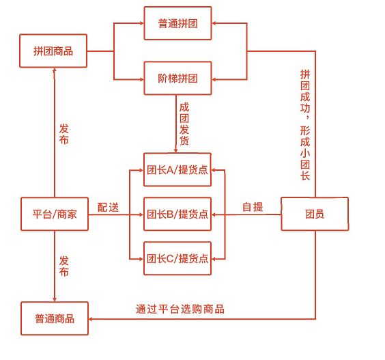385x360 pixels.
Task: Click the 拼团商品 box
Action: pos(53,51)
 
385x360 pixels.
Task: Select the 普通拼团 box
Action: pos(177,23)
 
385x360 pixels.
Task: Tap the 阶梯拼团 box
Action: pos(177,78)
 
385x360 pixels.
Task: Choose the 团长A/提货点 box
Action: pos(177,169)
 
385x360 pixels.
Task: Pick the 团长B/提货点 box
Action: pos(177,214)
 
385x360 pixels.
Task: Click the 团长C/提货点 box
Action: pos(177,258)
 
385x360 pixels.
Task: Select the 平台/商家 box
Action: pos(55,214)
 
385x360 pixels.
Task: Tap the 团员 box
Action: pos(315,214)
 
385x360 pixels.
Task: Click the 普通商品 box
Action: pos(55,318)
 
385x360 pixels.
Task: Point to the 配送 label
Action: pos(108,207)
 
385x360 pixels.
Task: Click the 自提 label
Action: pos(253,207)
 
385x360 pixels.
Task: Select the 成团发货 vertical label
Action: pos(184,124)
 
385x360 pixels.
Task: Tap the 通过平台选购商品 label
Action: pos(180,309)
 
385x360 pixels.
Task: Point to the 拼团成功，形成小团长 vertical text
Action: pos(305,125)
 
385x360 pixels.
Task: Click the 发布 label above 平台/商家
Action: pos(64,134)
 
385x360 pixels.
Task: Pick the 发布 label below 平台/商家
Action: pos(64,266)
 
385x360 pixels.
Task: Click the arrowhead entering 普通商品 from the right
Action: pos(90,319)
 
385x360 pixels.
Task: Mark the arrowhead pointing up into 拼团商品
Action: pos(55,70)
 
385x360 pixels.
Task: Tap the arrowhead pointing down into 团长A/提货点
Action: pos(176,151)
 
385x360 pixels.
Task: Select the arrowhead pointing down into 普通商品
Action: pos(55,300)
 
